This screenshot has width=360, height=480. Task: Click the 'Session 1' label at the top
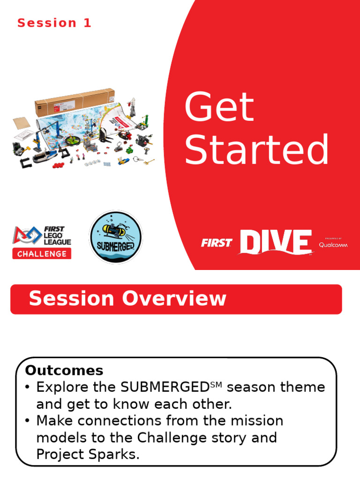point(54,23)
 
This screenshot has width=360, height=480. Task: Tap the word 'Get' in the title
point(219,107)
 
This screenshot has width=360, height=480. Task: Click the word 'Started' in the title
point(257,150)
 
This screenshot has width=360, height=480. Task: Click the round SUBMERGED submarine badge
point(115,237)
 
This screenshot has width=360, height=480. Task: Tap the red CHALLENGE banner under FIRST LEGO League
point(42,254)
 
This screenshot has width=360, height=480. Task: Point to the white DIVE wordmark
point(275,242)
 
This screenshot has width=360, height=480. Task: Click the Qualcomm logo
point(333,244)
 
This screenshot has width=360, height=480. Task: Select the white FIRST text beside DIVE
point(217,243)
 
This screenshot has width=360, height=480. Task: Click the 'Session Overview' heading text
point(127,299)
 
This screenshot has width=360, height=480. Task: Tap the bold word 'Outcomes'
point(64,370)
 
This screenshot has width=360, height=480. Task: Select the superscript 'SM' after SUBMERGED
point(215,384)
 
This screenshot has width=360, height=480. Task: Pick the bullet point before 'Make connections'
point(28,421)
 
